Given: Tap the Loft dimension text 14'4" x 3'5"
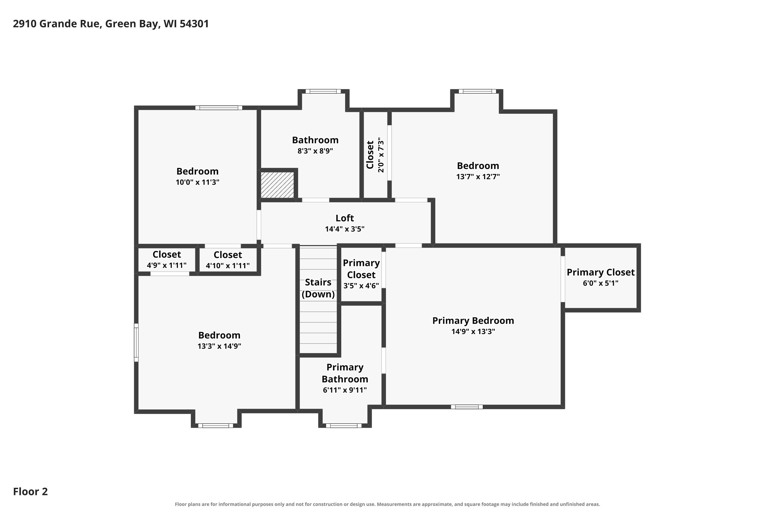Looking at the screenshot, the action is click(x=345, y=229).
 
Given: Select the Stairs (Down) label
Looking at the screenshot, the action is click(x=318, y=288).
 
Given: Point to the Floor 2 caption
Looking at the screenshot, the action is click(x=30, y=491).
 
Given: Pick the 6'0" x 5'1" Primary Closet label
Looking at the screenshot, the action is click(x=600, y=277).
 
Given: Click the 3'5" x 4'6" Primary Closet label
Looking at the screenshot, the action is click(x=361, y=274).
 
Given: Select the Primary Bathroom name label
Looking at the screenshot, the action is click(x=345, y=373).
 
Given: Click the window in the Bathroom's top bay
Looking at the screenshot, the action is click(x=323, y=91).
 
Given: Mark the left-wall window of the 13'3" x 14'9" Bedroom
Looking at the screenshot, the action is click(x=136, y=343).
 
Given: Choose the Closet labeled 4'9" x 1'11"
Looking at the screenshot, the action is click(x=167, y=260).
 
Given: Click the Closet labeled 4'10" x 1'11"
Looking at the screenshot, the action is click(x=228, y=260).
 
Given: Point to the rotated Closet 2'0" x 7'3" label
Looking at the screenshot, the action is click(x=375, y=155).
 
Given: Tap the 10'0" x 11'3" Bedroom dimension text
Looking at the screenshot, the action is click(x=197, y=182).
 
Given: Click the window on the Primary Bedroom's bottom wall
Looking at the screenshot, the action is click(x=467, y=407).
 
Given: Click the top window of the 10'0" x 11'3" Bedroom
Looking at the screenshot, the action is click(x=219, y=108).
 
